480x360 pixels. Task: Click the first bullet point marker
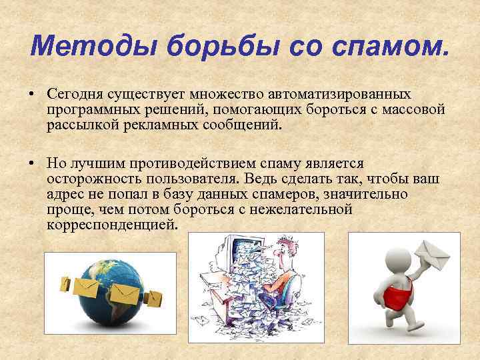tap(31, 95)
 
